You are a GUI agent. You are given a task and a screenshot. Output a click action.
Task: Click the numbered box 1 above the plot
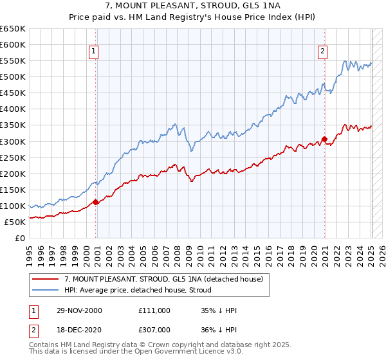click(94, 52)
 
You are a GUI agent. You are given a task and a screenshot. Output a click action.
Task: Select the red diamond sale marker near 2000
click(96, 202)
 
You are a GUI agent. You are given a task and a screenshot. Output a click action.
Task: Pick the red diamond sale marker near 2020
click(325, 139)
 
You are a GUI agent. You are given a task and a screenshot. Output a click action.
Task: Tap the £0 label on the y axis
click(19, 238)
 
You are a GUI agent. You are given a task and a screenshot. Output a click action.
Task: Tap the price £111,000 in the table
click(154, 310)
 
